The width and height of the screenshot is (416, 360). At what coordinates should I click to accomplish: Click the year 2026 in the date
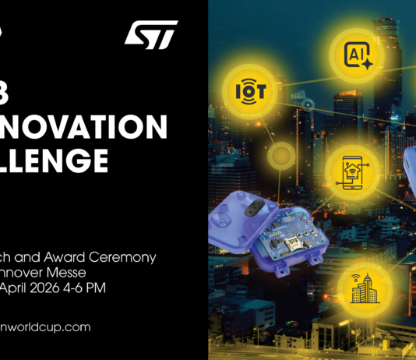pyautogui.click(x=58, y=288)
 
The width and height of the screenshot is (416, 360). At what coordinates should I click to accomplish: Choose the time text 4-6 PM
pyautogui.click(x=100, y=288)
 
